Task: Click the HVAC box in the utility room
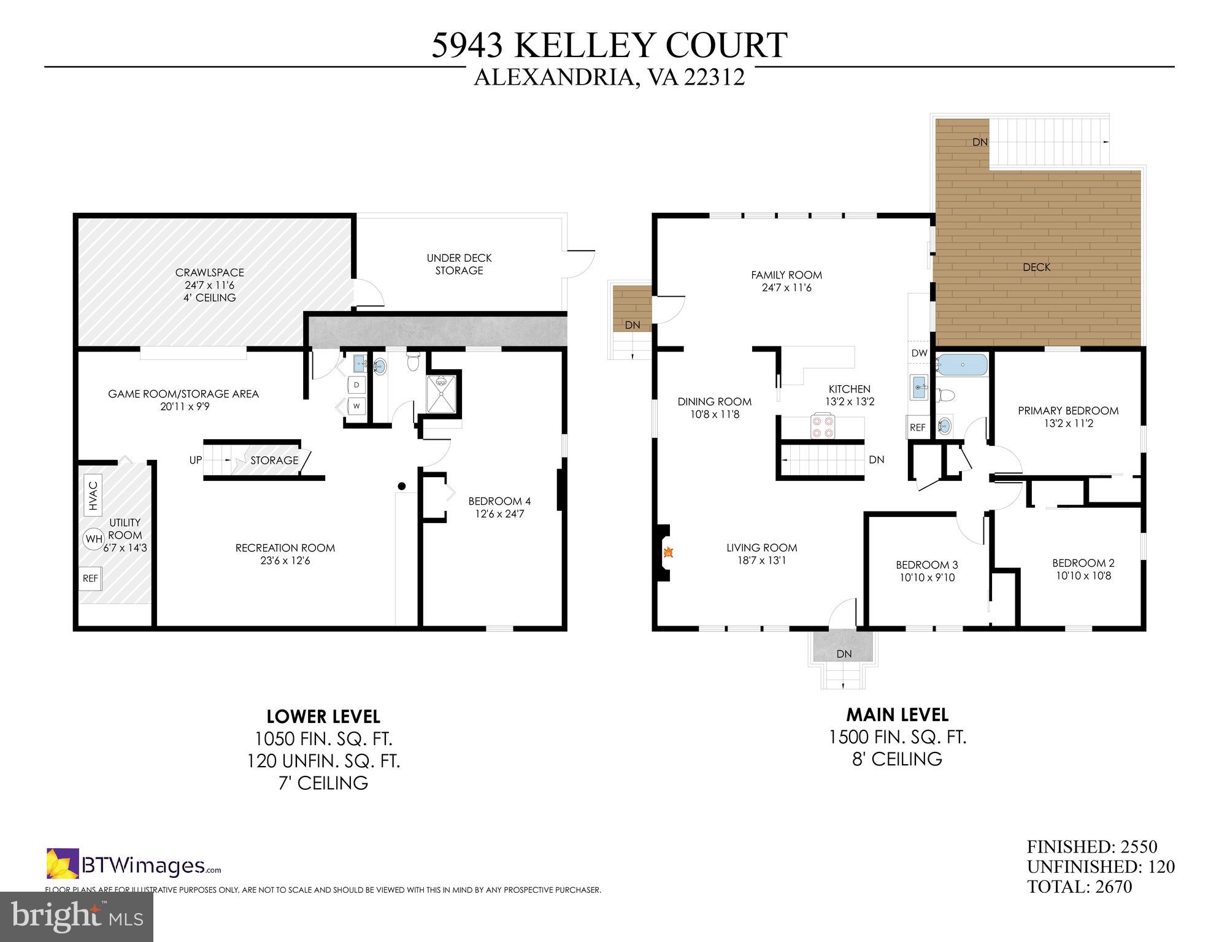(93, 496)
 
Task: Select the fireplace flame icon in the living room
(669, 553)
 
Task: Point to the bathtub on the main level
(962, 366)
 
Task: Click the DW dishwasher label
(919, 353)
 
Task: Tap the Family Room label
(786, 275)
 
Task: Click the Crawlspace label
(210, 272)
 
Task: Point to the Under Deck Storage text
(459, 264)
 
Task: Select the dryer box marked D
(356, 385)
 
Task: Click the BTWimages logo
(134, 865)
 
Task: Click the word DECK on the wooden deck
(1036, 267)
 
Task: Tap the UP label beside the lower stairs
(196, 460)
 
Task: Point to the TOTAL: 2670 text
(1079, 886)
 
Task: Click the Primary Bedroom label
(1068, 411)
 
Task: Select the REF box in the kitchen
(917, 427)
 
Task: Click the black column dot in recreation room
(402, 486)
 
